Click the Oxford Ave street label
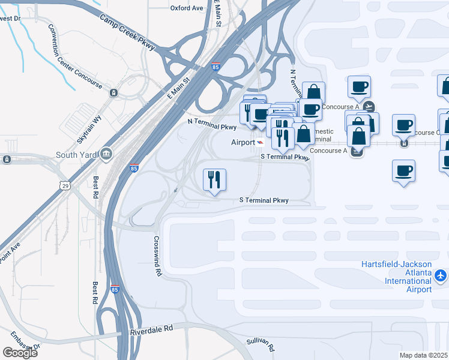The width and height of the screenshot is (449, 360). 187,8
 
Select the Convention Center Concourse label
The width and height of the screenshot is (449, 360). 76,56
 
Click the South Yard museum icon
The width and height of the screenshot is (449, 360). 106,154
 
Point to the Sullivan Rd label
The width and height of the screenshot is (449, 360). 261,344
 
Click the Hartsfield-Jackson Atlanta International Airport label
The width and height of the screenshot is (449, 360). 396,277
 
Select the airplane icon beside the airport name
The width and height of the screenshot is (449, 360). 441,275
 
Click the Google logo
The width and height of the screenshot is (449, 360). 20,352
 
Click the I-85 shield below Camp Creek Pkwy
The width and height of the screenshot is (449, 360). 215,67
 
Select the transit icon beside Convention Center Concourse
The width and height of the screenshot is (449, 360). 113,92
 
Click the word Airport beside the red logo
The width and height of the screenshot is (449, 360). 243,142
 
